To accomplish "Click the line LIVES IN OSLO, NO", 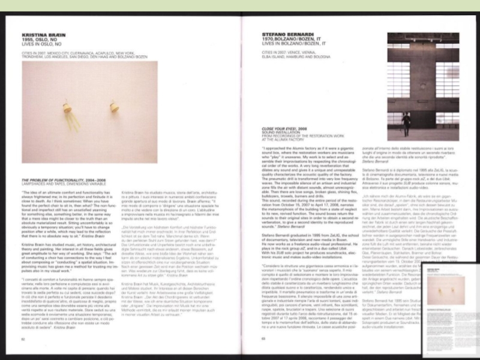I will tap(39, 44).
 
